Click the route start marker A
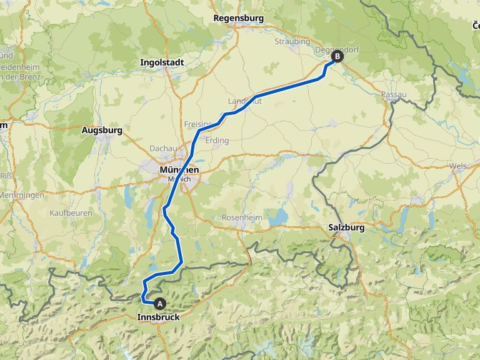[x=160, y=304]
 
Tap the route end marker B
[x=337, y=56]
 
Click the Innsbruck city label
[x=158, y=317]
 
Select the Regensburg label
[x=238, y=18]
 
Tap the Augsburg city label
[x=102, y=131]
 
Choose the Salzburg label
[x=346, y=228]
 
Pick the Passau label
[x=394, y=95]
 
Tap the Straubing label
[x=292, y=41]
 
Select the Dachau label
[x=160, y=148]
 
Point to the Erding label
[x=217, y=141]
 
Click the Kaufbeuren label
[x=71, y=213]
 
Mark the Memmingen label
[x=22, y=196]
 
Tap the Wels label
[x=457, y=166]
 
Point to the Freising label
[x=196, y=124]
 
